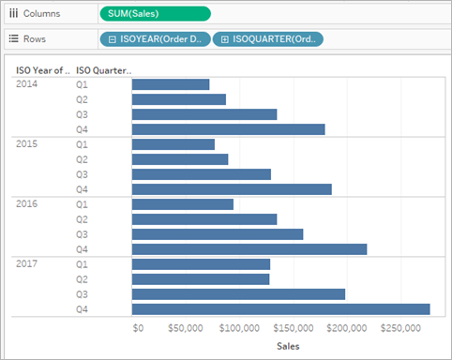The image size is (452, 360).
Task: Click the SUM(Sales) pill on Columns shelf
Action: click(156, 14)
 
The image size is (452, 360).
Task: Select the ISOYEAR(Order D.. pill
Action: click(156, 39)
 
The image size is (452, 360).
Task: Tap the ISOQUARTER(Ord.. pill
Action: click(268, 39)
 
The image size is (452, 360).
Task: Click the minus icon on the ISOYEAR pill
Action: click(113, 39)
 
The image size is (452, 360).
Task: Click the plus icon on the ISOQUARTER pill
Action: click(225, 39)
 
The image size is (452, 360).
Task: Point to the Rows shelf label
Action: click(35, 39)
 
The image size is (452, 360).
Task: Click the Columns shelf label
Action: click(41, 14)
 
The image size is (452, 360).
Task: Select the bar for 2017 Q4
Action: click(280, 309)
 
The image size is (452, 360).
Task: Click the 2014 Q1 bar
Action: click(171, 84)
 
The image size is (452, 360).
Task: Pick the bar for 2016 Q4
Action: click(249, 249)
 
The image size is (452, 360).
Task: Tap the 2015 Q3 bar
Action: click(202, 174)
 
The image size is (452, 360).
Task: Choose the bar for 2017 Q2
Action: click(201, 279)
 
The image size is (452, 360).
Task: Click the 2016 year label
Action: click(26, 204)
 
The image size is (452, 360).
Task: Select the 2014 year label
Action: click(26, 84)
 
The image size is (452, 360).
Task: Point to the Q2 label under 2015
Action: click(82, 159)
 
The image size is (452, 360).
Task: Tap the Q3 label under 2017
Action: click(82, 294)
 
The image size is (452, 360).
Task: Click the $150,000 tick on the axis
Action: click(294, 328)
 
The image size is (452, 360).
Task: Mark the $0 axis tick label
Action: click(138, 328)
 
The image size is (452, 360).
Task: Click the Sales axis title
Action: click(288, 346)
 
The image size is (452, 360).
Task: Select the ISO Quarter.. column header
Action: click(104, 70)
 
